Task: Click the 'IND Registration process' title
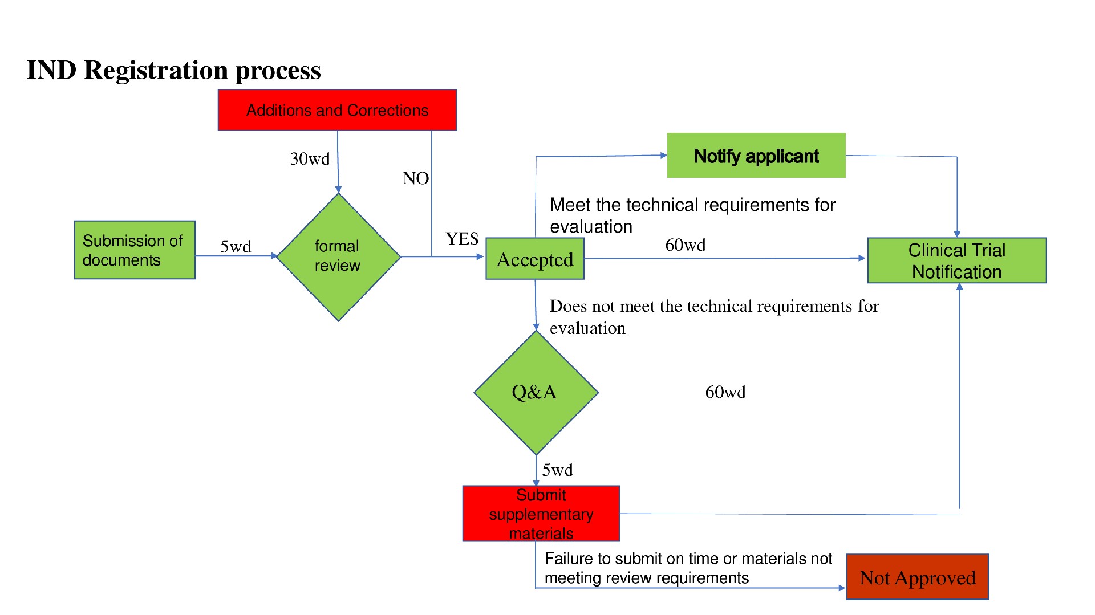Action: click(x=174, y=70)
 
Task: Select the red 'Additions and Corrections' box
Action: click(x=337, y=110)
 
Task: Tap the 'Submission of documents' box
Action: click(x=135, y=250)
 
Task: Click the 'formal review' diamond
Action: click(x=338, y=257)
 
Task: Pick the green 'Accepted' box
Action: click(x=535, y=259)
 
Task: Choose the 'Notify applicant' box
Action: click(x=756, y=156)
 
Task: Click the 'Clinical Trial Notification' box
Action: click(x=957, y=260)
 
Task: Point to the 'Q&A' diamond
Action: click(x=536, y=392)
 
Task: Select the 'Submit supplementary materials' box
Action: click(x=541, y=514)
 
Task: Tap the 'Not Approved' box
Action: click(x=918, y=577)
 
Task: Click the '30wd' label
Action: click(x=310, y=159)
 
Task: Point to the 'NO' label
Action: click(x=416, y=178)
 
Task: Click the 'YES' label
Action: click(x=462, y=239)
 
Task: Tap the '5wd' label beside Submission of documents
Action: click(x=236, y=247)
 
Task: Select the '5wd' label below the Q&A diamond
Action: click(x=557, y=470)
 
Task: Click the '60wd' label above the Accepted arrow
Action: click(x=686, y=245)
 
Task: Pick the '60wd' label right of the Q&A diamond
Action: click(x=725, y=392)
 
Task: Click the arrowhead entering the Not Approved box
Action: click(x=842, y=588)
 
